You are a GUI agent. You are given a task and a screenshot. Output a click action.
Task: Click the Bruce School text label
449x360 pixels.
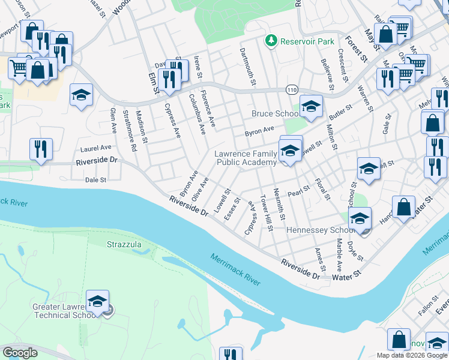275,114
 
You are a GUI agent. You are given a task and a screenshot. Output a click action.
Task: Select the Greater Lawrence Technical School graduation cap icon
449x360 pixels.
97,301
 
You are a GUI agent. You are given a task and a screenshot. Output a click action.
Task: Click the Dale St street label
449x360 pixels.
95,179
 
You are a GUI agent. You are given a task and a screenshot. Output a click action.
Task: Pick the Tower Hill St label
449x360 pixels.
266,212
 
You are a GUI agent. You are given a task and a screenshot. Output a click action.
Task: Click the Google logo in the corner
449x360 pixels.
20,353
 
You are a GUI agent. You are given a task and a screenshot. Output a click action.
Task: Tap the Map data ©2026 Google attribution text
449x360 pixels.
411,355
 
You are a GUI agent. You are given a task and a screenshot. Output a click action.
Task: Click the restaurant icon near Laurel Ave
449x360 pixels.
41,149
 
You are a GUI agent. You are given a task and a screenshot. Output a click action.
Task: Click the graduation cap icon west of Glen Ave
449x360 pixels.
81,94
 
